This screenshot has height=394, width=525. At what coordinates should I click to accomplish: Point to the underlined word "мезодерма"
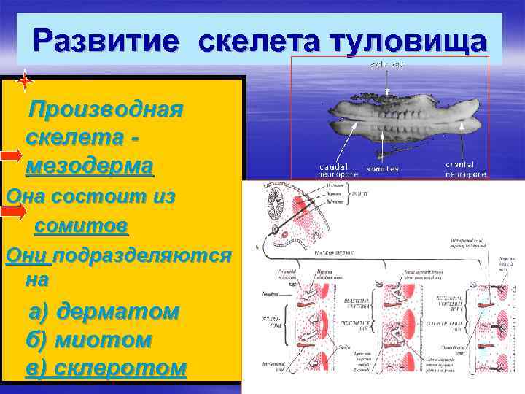click(89, 166)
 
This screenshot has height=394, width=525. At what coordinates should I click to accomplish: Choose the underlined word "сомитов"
click(81, 226)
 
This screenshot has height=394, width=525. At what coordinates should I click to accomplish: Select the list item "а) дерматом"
click(104, 312)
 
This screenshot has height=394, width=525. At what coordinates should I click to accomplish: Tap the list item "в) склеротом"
click(106, 366)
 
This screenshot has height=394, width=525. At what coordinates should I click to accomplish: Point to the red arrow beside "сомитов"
click(13, 211)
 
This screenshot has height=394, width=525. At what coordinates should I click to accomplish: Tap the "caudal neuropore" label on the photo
click(338, 170)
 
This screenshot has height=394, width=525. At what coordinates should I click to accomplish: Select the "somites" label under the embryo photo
click(383, 169)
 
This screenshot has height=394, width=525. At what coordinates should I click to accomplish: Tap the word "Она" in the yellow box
click(20, 197)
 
